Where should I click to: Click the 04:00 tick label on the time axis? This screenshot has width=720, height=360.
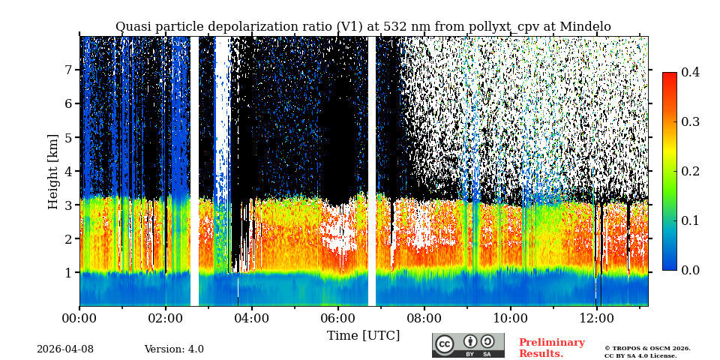[x=251, y=318]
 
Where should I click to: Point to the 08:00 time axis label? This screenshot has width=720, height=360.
[x=424, y=318]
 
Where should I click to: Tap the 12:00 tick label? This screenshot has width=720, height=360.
[x=596, y=318]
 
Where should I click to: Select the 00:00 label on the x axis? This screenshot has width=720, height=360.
[x=79, y=318]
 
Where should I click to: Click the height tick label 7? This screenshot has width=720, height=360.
[x=67, y=70]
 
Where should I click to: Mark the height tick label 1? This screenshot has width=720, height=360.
[x=67, y=273]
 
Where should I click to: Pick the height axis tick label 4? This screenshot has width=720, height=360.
[x=67, y=171]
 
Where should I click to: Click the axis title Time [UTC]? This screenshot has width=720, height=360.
[x=363, y=335]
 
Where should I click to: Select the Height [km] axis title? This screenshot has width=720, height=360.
[x=53, y=171]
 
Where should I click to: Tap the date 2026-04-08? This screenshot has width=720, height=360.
[x=65, y=349]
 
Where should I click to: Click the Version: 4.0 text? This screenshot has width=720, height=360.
[x=174, y=349]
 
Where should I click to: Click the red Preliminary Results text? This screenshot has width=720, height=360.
[x=551, y=348]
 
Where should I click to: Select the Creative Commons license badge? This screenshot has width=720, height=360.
[x=468, y=345]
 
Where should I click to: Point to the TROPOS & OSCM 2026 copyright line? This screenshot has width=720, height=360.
[x=647, y=348]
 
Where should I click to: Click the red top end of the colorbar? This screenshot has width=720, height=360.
[x=669, y=76]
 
